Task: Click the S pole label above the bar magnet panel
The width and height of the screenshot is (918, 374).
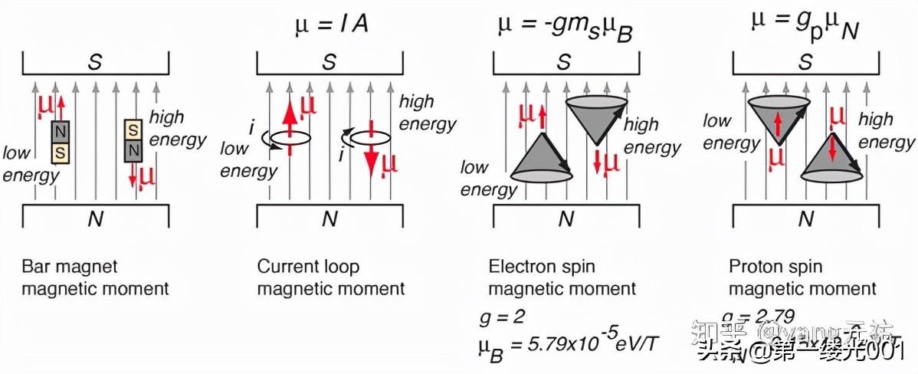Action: [x=94, y=62]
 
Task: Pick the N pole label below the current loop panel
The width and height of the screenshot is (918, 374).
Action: [x=329, y=218]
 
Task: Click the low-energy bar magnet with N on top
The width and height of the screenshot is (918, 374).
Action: [x=60, y=143]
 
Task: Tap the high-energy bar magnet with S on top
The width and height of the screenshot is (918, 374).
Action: [x=133, y=139]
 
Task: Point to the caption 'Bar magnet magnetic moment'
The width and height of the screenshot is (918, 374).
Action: [x=95, y=277]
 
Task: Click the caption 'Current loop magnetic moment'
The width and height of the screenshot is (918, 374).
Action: [x=330, y=277]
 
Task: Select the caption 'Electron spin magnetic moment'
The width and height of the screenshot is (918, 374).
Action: [x=562, y=277]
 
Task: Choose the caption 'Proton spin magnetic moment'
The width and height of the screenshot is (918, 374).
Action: [x=802, y=277]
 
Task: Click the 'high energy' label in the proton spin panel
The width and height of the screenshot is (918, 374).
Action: [x=886, y=130]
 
